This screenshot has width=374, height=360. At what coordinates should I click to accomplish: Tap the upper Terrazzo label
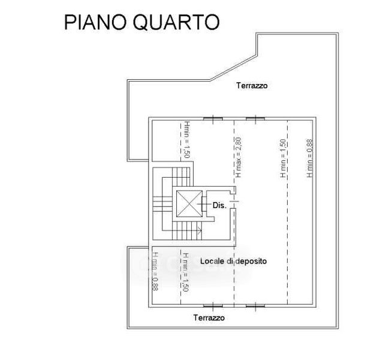point(251,86)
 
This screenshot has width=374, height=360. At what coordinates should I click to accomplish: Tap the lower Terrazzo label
point(209,318)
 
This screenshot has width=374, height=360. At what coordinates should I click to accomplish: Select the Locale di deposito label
point(233,262)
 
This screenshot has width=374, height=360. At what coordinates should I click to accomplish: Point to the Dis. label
point(219,205)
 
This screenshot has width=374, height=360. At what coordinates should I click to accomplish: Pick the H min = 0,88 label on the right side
point(310,158)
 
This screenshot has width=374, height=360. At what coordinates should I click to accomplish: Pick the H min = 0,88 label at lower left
point(155,271)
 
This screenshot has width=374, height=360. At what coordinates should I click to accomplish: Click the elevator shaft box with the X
point(189,205)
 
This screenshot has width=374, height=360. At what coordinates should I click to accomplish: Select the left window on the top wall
point(211,118)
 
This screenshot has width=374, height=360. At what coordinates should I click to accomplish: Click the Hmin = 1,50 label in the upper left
point(186,139)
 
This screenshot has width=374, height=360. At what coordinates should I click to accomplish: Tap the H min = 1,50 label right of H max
point(283,158)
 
